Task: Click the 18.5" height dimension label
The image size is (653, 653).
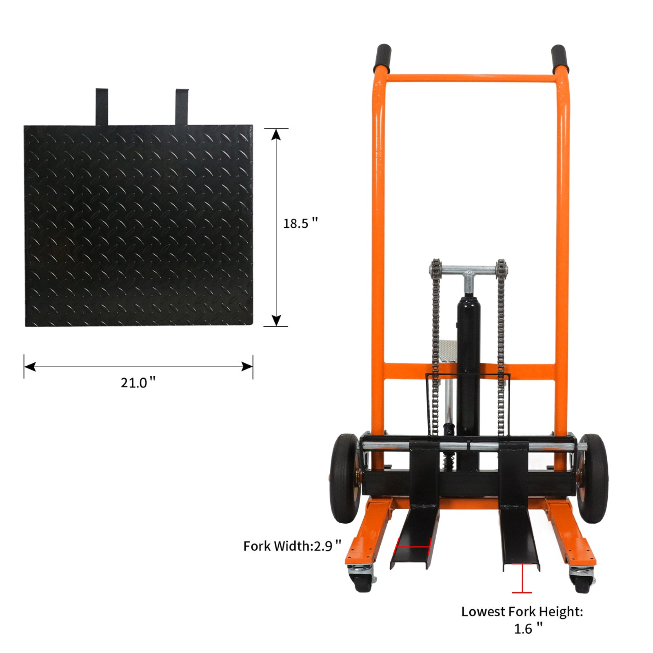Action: pos(300,223)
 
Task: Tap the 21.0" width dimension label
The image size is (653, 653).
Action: pos(138,382)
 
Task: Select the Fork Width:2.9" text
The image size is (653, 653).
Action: pos(292,546)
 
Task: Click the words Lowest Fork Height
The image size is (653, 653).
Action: pos(522,611)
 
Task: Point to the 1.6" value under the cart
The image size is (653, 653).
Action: pos(528,629)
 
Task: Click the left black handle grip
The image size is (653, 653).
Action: pos(382,58)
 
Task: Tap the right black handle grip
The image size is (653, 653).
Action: pos(559,59)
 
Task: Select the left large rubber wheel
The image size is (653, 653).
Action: pos(345,478)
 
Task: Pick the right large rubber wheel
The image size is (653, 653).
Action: pos(593,478)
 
